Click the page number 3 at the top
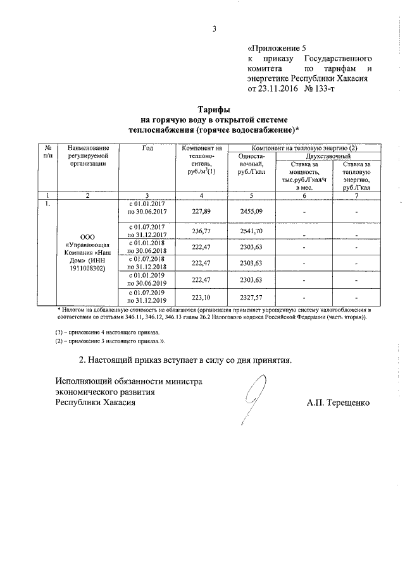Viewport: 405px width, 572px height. click(x=213, y=28)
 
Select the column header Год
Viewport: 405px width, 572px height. click(x=147, y=148)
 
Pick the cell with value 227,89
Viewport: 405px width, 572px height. click(x=201, y=213)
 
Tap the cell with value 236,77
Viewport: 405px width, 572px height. click(x=201, y=232)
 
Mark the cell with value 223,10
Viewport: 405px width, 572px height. click(x=201, y=297)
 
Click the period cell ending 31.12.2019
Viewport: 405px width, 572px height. click(x=147, y=297)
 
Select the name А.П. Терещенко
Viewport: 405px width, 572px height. click(x=337, y=403)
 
